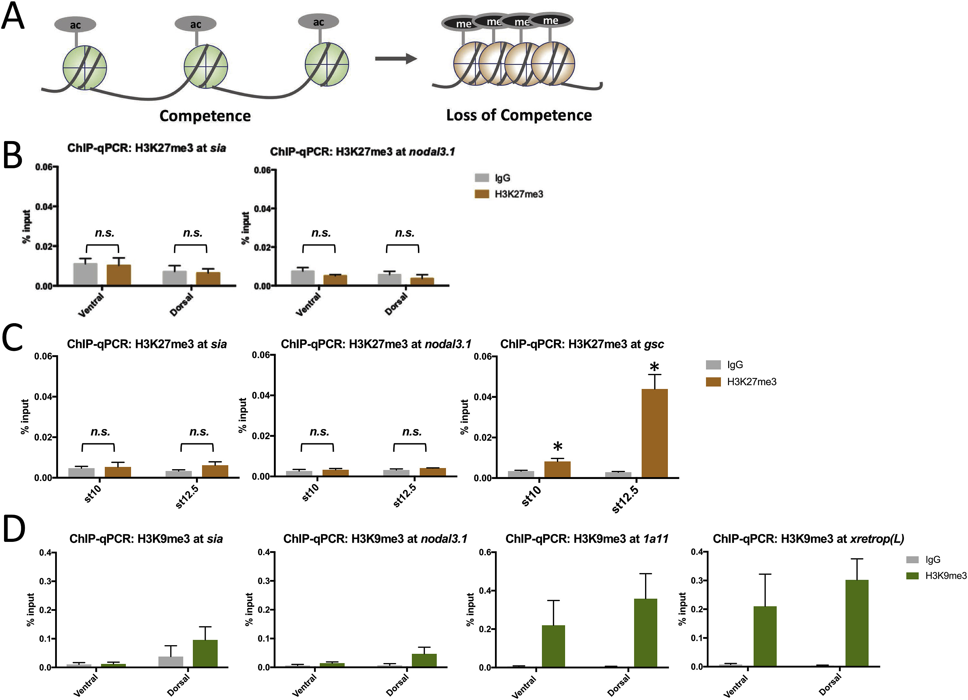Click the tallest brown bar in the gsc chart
(x=654, y=433)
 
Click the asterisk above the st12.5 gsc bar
(x=654, y=367)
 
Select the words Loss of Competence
(x=519, y=115)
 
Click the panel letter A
(x=13, y=16)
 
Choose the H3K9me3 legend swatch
(x=912, y=576)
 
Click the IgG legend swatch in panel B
(x=481, y=177)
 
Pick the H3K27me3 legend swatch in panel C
(x=713, y=381)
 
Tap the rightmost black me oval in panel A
(x=551, y=20)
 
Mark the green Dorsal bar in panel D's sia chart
(x=205, y=653)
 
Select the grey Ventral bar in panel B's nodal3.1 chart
(x=302, y=278)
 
